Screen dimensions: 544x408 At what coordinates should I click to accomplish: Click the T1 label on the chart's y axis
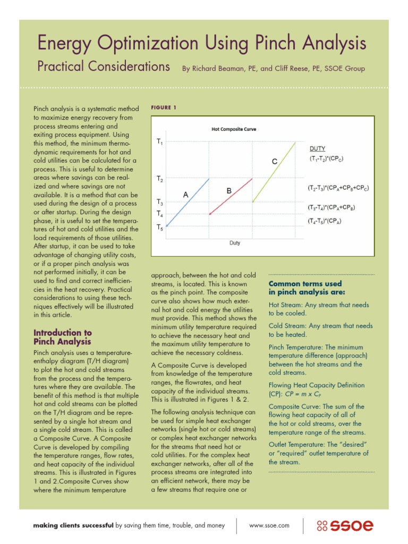tap(160, 142)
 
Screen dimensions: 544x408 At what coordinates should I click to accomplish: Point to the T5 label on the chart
tap(160, 227)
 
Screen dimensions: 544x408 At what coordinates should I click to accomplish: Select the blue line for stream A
tap(188, 202)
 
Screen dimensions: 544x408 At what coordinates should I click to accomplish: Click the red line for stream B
tap(231, 197)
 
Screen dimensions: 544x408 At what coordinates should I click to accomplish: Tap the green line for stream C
tap(274, 172)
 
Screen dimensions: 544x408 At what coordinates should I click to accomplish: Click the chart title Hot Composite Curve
tap(234, 129)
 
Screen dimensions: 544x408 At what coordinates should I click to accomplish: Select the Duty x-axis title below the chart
tap(234, 243)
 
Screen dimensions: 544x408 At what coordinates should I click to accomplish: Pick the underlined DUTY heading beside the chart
tap(318, 149)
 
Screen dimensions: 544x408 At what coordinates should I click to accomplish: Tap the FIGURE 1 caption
tap(164, 108)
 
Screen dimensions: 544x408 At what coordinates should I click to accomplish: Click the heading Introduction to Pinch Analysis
tap(62, 337)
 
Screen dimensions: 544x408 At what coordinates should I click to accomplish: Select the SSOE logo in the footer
tap(345, 525)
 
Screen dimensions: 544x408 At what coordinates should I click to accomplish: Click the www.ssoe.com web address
tap(269, 525)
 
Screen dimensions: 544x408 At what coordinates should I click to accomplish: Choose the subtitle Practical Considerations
tap(103, 66)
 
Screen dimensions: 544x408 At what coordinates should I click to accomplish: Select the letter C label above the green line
tap(275, 161)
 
